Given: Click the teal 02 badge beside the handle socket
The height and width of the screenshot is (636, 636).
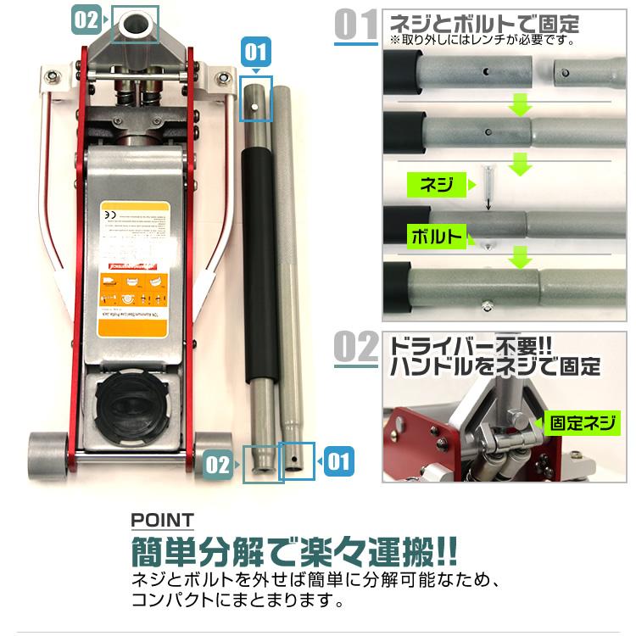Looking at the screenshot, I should click(x=86, y=20).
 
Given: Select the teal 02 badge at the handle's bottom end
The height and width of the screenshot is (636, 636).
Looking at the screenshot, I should click(x=218, y=463).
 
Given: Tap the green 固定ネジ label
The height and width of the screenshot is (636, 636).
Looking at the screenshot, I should click(x=583, y=421).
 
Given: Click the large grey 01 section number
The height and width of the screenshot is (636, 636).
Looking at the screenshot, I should click(x=356, y=26).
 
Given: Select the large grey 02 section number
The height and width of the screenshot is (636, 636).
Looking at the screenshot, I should click(x=356, y=349).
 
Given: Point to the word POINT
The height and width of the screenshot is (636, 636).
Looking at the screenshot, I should click(x=162, y=520).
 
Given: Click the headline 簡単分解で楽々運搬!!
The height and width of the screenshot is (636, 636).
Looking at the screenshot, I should click(x=293, y=552).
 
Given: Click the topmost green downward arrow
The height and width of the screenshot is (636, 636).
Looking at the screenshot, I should click(x=520, y=105).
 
